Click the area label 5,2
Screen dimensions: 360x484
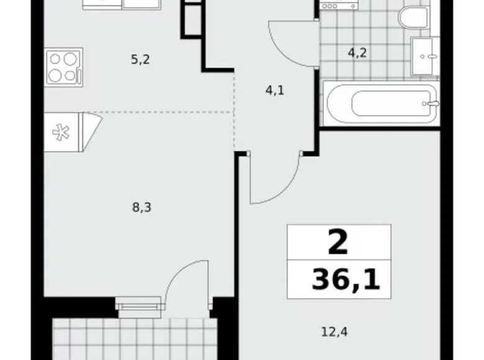pyautogui.click(x=141, y=60)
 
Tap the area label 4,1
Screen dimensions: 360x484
pyautogui.click(x=275, y=90)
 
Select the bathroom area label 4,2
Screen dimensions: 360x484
pyautogui.click(x=357, y=53)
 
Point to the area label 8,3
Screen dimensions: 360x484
pyautogui.click(x=142, y=208)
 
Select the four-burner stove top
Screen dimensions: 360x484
pyautogui.click(x=63, y=66)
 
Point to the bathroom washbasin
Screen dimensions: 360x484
pyautogui.click(x=426, y=56)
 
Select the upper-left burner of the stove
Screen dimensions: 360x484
pyautogui.click(x=56, y=60)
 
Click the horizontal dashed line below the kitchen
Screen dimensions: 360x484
pyautogui.click(x=161, y=112)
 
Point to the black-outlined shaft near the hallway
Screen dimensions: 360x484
pyautogui.click(x=191, y=19)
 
